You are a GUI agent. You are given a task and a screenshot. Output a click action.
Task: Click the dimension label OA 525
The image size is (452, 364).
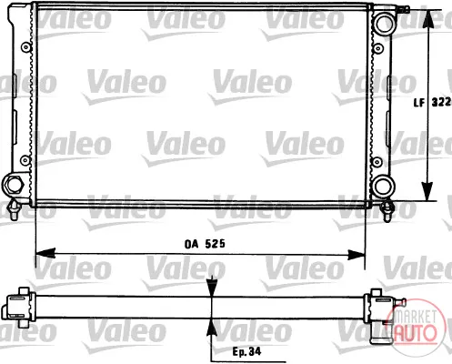pyautogui.click(x=205, y=244)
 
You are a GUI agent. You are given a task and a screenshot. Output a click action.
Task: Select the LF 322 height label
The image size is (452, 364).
pyautogui.click(x=433, y=102)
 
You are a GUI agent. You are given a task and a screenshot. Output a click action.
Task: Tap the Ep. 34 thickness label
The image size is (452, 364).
pyautogui.click(x=246, y=351)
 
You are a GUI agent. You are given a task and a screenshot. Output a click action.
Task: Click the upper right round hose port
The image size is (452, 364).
pyautogui.click(x=385, y=24)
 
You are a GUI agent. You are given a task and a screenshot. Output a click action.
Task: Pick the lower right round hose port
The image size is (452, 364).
pyautogui.click(x=383, y=187)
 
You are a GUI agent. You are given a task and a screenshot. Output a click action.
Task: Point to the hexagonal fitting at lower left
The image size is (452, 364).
pyautogui.click(x=13, y=184)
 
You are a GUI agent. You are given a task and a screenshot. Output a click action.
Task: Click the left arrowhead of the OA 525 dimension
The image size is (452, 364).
pyautogui.click(x=45, y=253)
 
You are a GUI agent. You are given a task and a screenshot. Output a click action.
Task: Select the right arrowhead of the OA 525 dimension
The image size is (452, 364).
pyautogui.click(x=356, y=255)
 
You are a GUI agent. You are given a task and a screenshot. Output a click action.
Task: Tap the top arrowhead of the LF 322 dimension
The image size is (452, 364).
pyautogui.click(x=427, y=20)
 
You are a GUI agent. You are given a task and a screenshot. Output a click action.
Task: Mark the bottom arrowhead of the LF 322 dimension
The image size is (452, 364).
pyautogui.click(x=427, y=191)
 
